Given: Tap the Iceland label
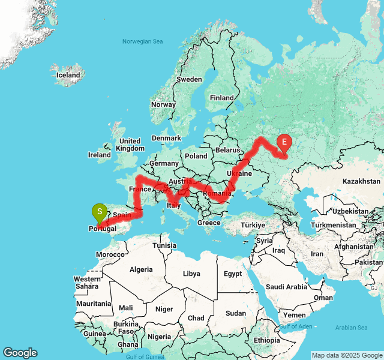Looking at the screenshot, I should [68, 76].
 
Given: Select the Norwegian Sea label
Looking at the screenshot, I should [142, 41].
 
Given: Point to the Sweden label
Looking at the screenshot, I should [189, 79].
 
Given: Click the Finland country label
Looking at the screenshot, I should [221, 98].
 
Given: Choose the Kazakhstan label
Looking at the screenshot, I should [361, 181].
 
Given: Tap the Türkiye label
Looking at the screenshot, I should [253, 225].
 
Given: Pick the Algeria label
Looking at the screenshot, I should [142, 269].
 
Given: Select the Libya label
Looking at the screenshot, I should [191, 274].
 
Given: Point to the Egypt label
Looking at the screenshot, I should [233, 274].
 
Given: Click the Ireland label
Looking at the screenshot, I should [100, 155].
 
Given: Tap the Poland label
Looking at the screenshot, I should [196, 155].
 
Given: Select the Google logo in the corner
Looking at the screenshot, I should [20, 353].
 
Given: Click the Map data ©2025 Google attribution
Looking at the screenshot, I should [346, 355].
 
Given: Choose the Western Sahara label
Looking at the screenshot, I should [87, 283].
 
